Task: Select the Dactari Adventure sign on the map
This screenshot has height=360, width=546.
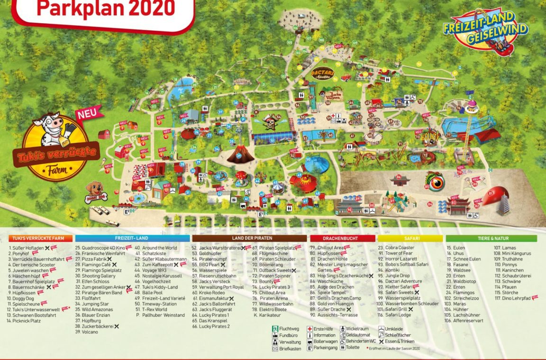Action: point(323,74)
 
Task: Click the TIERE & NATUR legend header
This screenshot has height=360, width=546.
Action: point(491,239)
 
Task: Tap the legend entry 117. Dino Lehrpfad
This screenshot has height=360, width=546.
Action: point(512,298)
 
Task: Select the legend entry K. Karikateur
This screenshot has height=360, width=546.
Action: point(271,315)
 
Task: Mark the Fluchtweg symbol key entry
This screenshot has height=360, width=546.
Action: point(287,329)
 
